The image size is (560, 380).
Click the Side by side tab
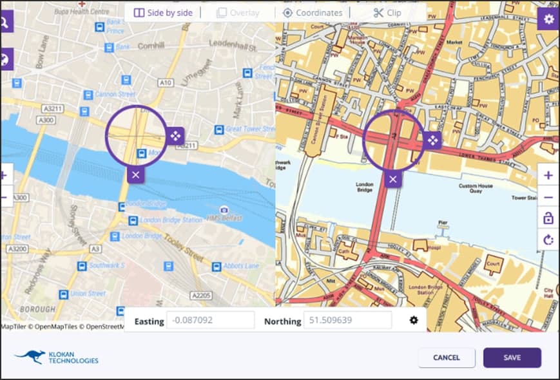pyautogui.click(x=163, y=12)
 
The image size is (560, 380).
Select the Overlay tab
pyautogui.click(x=238, y=12)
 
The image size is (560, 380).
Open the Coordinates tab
pyautogui.click(x=313, y=12)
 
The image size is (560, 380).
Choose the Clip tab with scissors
pyautogui.click(x=387, y=12)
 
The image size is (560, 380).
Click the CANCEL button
pyautogui.click(x=447, y=357)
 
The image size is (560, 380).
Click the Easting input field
pyautogui.click(x=210, y=320)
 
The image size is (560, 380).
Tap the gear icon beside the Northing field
pyautogui.click(x=414, y=320)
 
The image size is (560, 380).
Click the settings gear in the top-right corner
pyautogui.click(x=548, y=19)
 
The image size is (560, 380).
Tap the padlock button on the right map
pyautogui.click(x=548, y=218)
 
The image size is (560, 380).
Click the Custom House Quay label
pyautogui.click(x=476, y=189)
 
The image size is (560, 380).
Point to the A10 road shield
pyautogui.click(x=166, y=82)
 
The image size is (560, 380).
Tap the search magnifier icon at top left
pyautogui.click(x=4, y=23)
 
